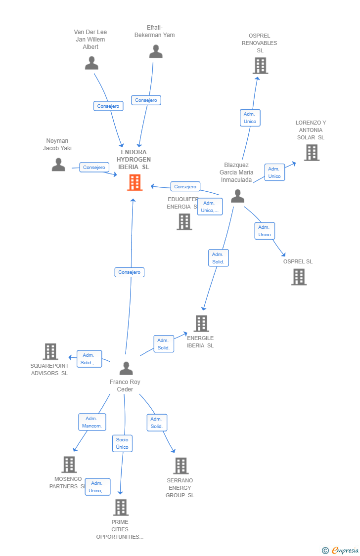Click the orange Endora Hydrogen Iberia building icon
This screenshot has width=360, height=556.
[135, 182]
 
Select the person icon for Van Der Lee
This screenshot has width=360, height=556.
[91, 63]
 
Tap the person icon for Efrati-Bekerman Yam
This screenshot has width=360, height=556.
[156, 51]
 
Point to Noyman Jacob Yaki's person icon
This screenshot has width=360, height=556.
[58, 165]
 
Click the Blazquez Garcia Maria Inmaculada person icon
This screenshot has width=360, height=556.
[237, 196]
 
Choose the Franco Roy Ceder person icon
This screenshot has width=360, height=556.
[126, 368]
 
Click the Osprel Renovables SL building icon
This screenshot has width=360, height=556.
[260, 65]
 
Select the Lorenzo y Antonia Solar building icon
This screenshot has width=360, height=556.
[311, 153]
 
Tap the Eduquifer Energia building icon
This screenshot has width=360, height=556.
[184, 222]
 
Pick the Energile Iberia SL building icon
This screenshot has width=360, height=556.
[201, 323]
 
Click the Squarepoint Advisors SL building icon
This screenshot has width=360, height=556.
[50, 351]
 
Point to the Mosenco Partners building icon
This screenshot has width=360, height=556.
[69, 465]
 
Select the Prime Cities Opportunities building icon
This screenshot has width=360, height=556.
[121, 507]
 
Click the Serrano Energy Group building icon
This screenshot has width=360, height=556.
[181, 466]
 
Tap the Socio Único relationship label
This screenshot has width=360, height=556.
[122, 443]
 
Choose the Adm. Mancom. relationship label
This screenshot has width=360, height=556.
[92, 422]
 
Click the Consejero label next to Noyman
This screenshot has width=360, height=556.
[94, 168]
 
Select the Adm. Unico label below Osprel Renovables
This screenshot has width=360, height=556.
[250, 118]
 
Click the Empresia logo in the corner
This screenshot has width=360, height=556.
[341, 550]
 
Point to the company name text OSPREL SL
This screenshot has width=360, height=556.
[298, 261]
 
